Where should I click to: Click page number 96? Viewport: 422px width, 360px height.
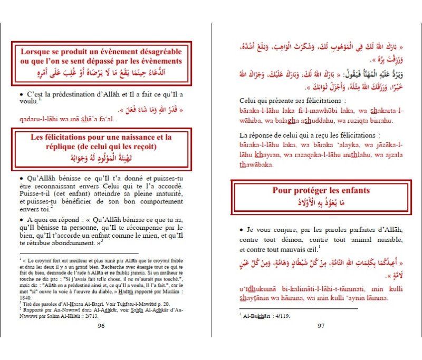click(102, 325)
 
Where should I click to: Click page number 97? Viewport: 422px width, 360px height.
click(321, 325)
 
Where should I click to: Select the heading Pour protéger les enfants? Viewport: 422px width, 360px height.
click(321, 190)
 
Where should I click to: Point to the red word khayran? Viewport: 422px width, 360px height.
click(266, 155)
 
